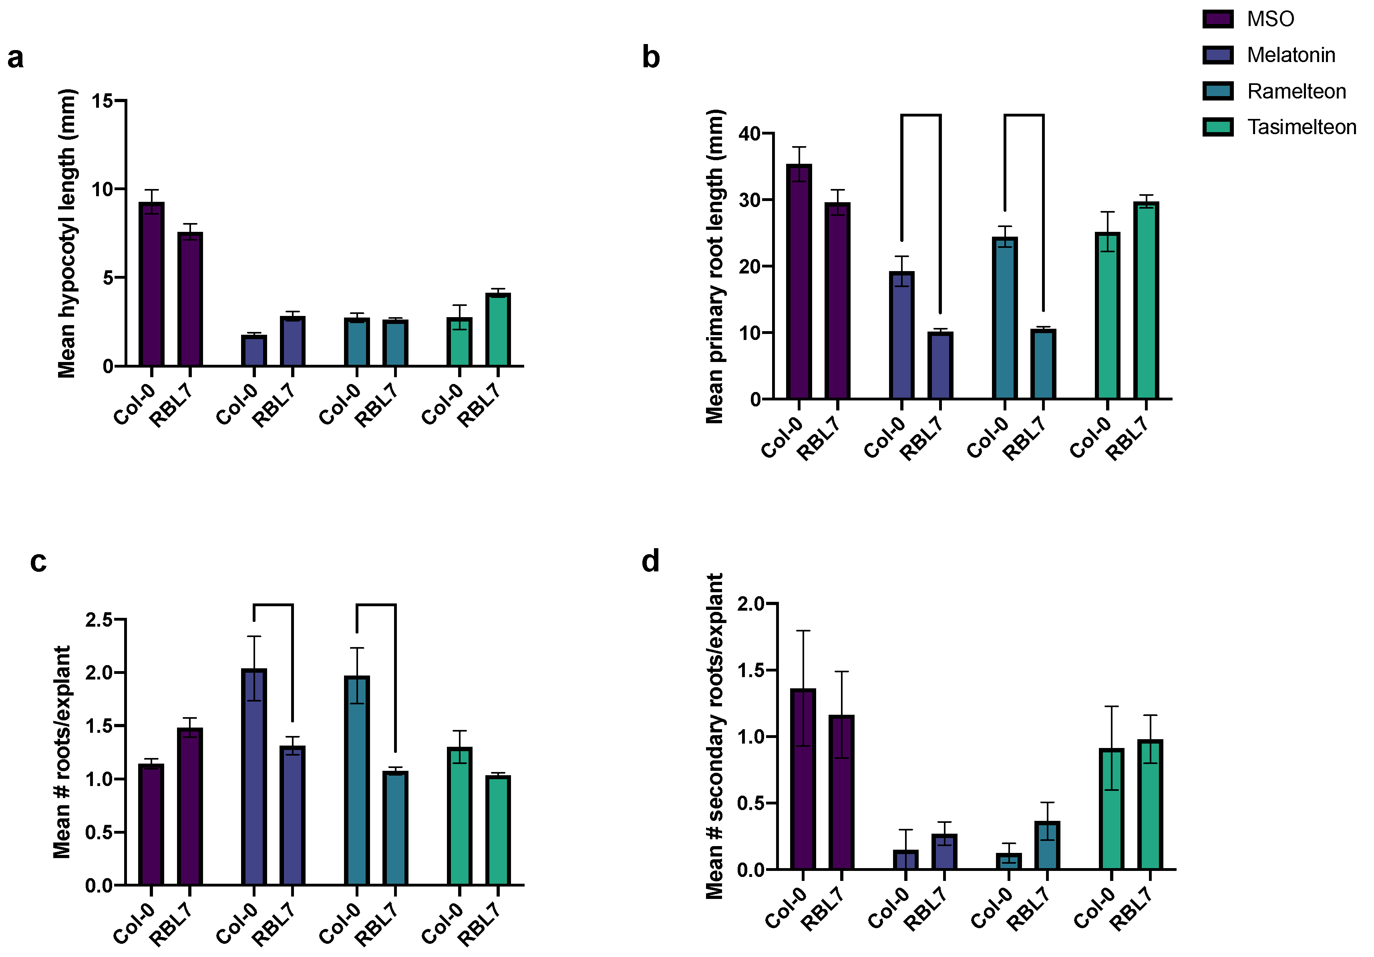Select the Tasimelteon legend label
point(1301,127)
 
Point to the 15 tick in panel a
point(103,101)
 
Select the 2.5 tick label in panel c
point(99,619)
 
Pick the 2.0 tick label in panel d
point(750,603)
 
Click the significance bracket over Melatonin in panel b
point(921,115)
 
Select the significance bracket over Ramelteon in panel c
point(376,605)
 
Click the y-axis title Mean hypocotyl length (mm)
point(67,233)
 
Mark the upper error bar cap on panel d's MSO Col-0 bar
point(803,630)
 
